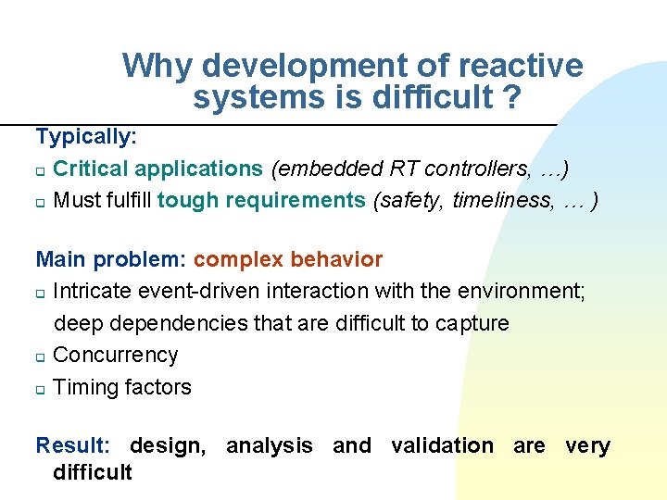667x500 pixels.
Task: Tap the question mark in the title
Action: click(510, 96)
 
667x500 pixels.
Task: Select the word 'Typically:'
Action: click(86, 137)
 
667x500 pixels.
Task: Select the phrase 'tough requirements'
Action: click(261, 201)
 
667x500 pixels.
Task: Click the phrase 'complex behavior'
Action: click(287, 259)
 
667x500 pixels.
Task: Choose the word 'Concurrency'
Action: click(116, 355)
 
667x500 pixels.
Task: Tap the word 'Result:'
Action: click(72, 445)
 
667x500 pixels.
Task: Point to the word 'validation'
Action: click(442, 445)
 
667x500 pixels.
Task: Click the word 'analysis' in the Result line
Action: click(270, 445)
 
